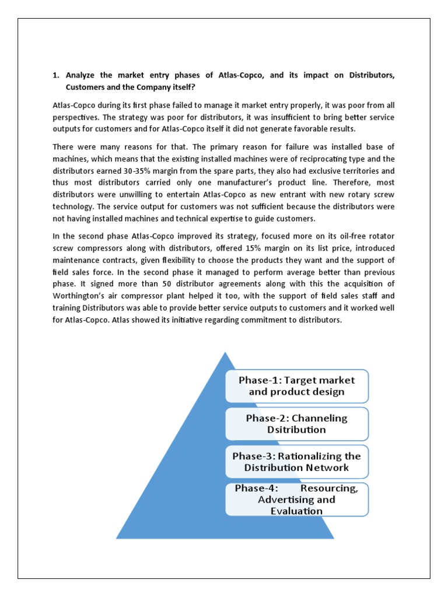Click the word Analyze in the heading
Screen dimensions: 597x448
click(x=83, y=75)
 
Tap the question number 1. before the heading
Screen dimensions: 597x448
click(x=56, y=75)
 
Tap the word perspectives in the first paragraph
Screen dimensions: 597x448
click(x=77, y=118)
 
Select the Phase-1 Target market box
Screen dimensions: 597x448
click(x=296, y=385)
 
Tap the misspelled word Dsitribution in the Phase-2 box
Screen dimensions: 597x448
click(x=296, y=430)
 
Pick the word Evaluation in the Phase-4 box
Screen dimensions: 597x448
click(x=296, y=511)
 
